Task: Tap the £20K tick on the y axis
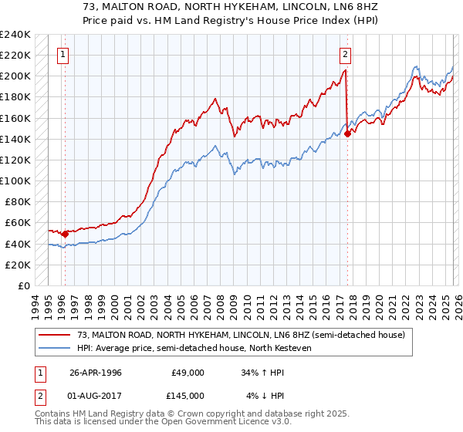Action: (x=17, y=265)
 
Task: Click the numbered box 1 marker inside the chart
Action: (x=63, y=54)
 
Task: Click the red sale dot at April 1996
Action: (x=65, y=234)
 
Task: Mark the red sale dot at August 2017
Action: (x=347, y=133)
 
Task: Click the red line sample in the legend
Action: (x=56, y=336)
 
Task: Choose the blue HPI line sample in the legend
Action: (x=56, y=349)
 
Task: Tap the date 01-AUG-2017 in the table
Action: (x=96, y=395)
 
